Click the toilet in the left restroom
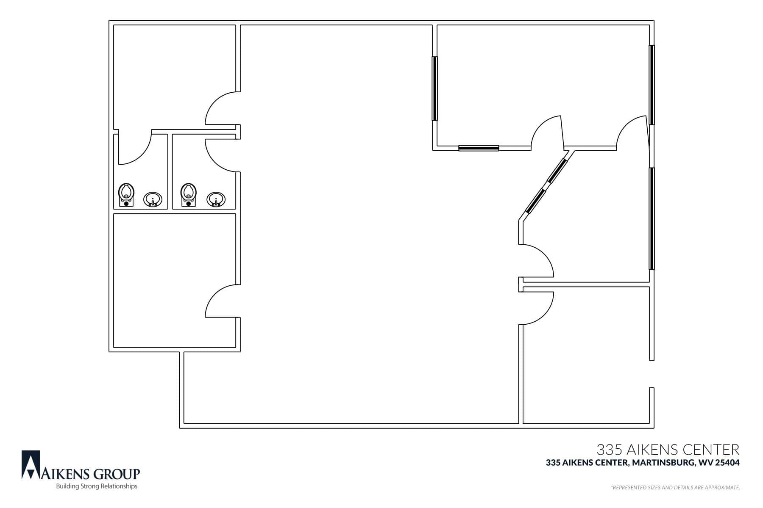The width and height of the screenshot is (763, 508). point(126,195)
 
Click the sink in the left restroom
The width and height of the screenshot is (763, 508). point(153,199)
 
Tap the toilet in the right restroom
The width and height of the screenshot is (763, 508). point(189,195)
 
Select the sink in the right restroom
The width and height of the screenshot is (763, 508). point(216,199)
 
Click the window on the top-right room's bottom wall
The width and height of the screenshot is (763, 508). point(479,148)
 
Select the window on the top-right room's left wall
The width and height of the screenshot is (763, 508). point(434,88)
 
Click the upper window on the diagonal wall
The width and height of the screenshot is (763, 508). point(557,171)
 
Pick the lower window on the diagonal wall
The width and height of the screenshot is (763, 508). point(535,201)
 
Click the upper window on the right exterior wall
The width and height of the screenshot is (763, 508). point(652,85)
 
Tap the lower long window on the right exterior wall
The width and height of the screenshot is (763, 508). point(652,218)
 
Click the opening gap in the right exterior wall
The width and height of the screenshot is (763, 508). point(652,374)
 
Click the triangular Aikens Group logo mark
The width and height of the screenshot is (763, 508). point(31,465)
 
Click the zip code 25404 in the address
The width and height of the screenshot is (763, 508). point(727,463)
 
